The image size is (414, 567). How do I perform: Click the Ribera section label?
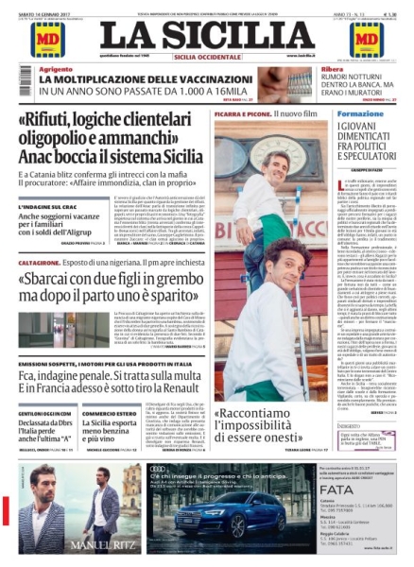tap(331, 70)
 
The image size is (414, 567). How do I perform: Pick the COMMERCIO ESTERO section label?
tap(109, 412)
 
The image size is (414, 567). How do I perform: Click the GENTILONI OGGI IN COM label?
tap(42, 412)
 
